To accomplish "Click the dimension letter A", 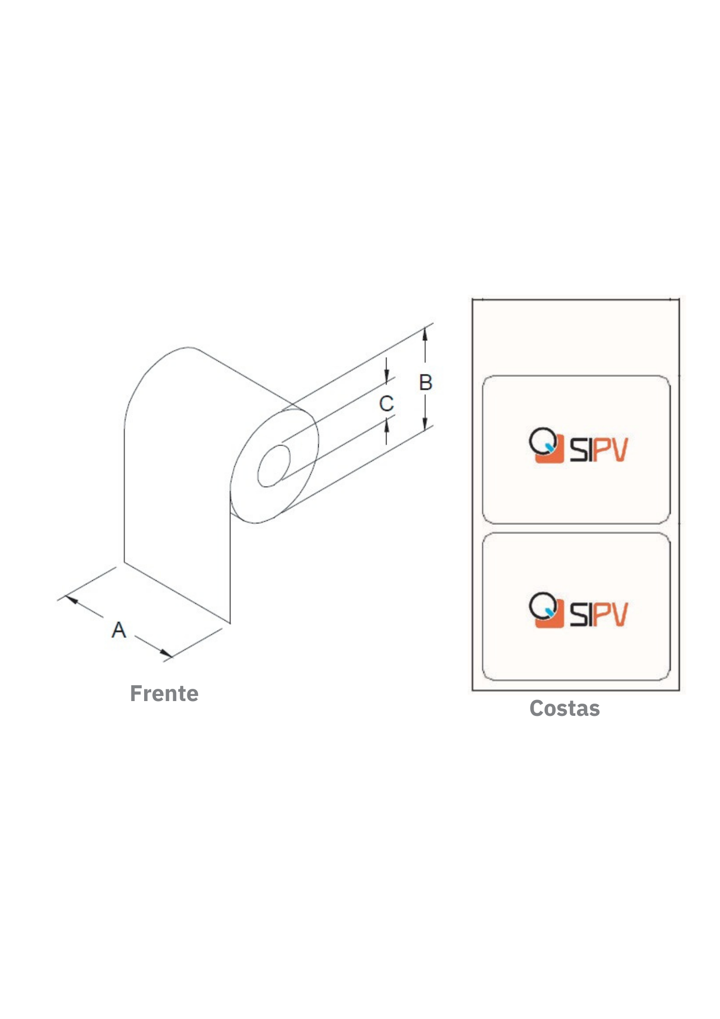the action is [119, 630].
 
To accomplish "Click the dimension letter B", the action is [426, 383].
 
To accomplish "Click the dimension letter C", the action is [386, 404].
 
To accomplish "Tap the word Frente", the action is [164, 693].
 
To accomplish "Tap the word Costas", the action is [565, 708].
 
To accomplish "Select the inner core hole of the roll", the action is [274, 466].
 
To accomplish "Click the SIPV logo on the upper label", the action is [578, 446].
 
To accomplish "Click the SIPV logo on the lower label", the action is [578, 610].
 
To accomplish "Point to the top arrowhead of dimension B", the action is [425, 333].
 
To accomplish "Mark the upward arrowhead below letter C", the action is [386, 424].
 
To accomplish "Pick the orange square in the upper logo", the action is [550, 449].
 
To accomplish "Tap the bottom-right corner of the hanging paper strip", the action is [230, 623].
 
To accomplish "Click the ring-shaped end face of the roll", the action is [274, 466].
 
